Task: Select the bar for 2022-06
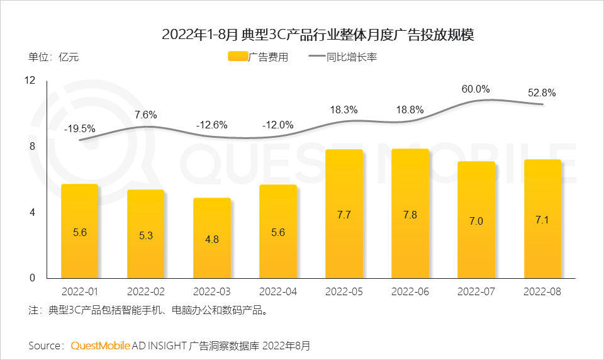[x=410, y=213]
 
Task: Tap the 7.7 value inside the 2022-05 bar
[x=344, y=215]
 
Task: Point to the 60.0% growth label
[x=476, y=89]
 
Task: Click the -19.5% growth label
[x=80, y=128]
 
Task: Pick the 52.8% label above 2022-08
[x=542, y=93]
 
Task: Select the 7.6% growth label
[x=145, y=115]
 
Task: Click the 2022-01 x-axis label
[x=80, y=292]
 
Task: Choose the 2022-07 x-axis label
[x=476, y=292]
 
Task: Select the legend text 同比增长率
[x=351, y=57]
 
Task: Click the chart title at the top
[x=317, y=34]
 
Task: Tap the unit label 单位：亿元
[x=53, y=57]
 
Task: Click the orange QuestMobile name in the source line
[x=101, y=346]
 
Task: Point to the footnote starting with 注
[x=152, y=310]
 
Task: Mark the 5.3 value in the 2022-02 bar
[x=145, y=236]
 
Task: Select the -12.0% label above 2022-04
[x=277, y=125]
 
